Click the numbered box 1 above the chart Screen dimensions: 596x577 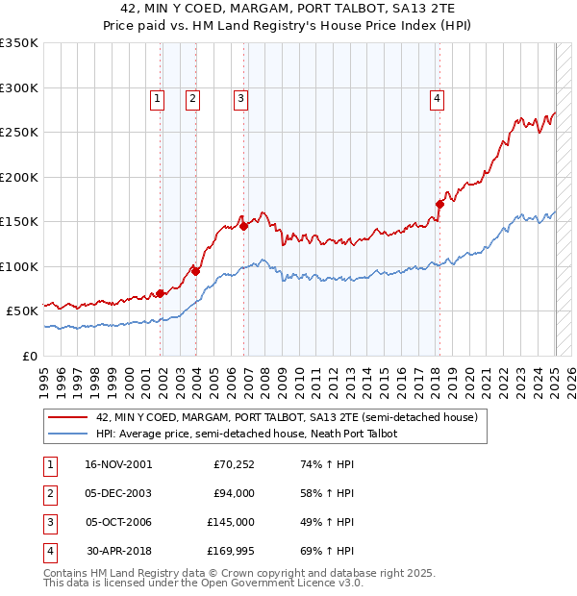(156, 97)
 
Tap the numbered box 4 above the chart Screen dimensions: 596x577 (437, 97)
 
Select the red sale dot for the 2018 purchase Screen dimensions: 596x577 (439, 204)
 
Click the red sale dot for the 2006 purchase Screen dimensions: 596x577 (243, 226)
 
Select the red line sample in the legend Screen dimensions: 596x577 (67, 417)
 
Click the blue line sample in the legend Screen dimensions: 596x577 (67, 434)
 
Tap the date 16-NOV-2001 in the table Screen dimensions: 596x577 (118, 464)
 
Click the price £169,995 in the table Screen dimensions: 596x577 (229, 551)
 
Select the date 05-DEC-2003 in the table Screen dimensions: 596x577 (118, 493)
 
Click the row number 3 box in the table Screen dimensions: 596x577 (47, 522)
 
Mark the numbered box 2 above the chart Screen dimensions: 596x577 (192, 97)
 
